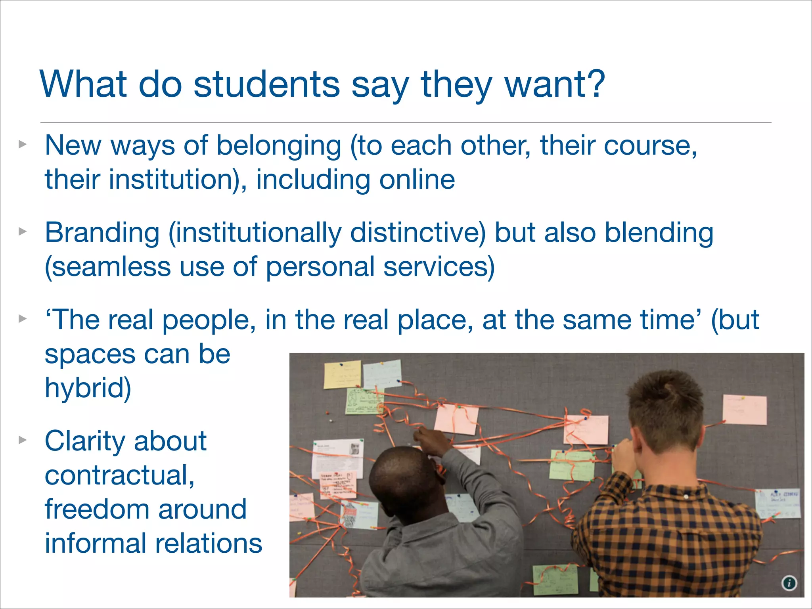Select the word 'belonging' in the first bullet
(x=278, y=146)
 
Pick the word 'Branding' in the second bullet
(x=102, y=233)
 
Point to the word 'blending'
(x=659, y=233)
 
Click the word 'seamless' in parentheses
(x=111, y=267)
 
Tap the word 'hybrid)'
(x=88, y=388)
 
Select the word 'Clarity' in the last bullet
(x=84, y=441)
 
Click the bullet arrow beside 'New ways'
(x=23, y=144)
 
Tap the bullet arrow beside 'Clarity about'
(x=23, y=440)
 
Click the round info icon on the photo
(x=789, y=583)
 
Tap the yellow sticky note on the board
(x=342, y=374)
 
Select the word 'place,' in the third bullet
(x=435, y=320)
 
